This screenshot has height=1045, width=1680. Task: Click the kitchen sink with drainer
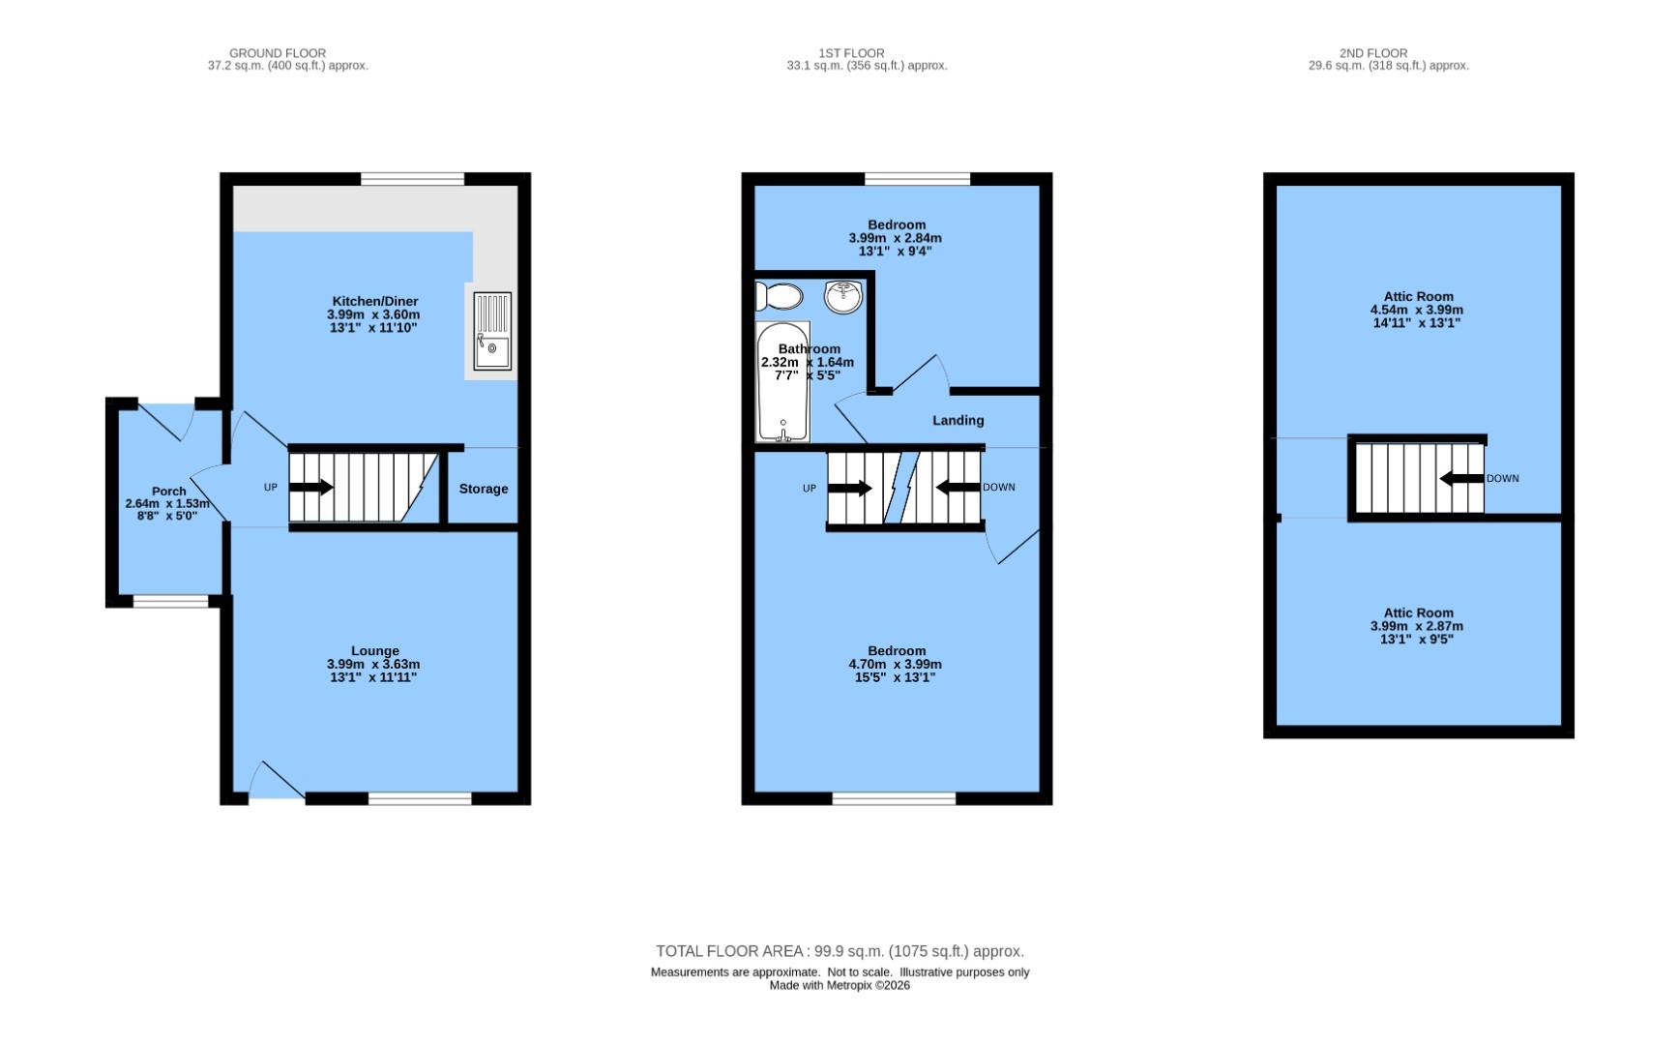click(x=492, y=331)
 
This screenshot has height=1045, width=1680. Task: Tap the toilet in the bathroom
click(x=779, y=296)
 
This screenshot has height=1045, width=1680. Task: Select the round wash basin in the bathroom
click(x=843, y=296)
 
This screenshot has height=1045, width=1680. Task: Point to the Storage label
click(x=483, y=489)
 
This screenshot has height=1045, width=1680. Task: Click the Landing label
click(x=958, y=420)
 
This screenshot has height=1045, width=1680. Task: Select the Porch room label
click(x=168, y=491)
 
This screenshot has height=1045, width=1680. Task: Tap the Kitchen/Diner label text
click(x=374, y=301)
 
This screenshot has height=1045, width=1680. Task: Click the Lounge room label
click(x=374, y=650)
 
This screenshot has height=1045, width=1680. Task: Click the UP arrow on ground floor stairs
click(x=311, y=488)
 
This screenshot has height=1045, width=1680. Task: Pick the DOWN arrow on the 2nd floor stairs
click(x=1460, y=478)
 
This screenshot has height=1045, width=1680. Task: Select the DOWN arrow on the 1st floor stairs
click(x=958, y=487)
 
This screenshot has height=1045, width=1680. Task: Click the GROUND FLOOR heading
click(x=278, y=53)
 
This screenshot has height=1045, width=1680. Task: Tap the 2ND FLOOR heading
click(x=1372, y=53)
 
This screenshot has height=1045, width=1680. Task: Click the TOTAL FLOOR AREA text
click(x=839, y=951)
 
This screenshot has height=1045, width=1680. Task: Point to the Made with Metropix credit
click(x=839, y=985)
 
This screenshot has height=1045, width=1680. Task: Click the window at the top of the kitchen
click(x=413, y=178)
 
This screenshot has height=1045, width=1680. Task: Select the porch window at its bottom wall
click(x=170, y=602)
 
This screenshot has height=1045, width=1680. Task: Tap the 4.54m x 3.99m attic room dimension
click(x=1416, y=310)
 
